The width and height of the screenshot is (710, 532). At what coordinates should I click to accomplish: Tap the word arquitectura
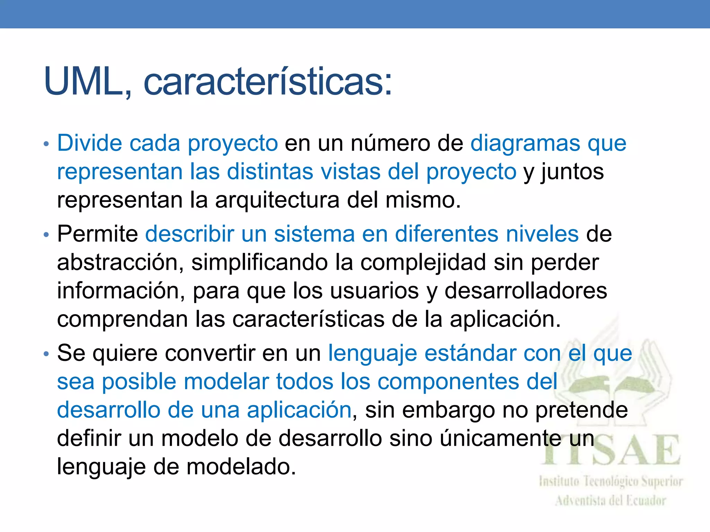point(277,200)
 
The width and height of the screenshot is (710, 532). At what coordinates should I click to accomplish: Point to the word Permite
point(97,234)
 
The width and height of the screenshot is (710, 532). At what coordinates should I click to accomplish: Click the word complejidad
point(423,262)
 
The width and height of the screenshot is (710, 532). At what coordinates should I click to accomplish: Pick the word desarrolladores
point(526,291)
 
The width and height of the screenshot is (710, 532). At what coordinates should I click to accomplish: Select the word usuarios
point(374,291)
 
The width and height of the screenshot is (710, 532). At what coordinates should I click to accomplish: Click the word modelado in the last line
point(241,467)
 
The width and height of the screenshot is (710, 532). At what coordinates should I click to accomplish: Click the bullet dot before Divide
point(46,144)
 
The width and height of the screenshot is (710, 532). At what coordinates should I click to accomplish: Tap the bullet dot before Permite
point(46,235)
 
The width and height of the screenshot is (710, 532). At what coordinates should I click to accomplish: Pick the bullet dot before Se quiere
point(46,354)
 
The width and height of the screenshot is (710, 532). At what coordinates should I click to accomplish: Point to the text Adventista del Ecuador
point(611,501)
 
